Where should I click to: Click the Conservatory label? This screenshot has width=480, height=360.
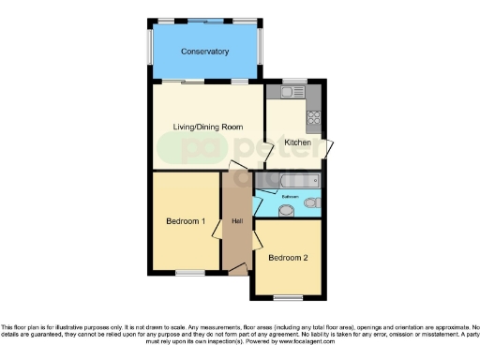point(205,52)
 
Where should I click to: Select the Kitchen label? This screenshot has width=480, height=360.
point(298,142)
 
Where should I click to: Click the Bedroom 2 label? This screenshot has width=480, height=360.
point(288,257)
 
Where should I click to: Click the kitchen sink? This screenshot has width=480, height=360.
point(286,92)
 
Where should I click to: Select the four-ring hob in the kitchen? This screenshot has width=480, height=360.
point(314,119)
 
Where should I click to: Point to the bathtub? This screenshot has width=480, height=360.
point(286,181)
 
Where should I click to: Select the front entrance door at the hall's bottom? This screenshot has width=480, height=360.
point(239,270)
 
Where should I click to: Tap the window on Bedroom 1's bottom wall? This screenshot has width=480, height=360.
point(190,273)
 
